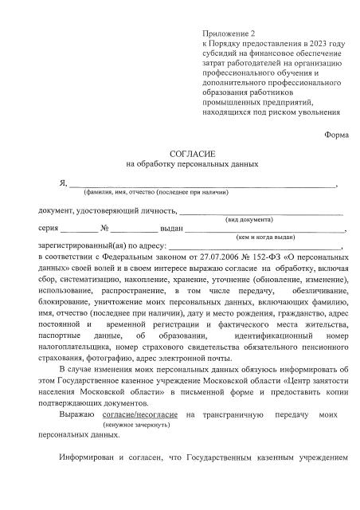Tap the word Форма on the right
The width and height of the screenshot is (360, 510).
pos(336,134)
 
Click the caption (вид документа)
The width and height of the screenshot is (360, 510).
pos(248,218)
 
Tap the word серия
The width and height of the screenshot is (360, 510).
pos(49,228)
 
